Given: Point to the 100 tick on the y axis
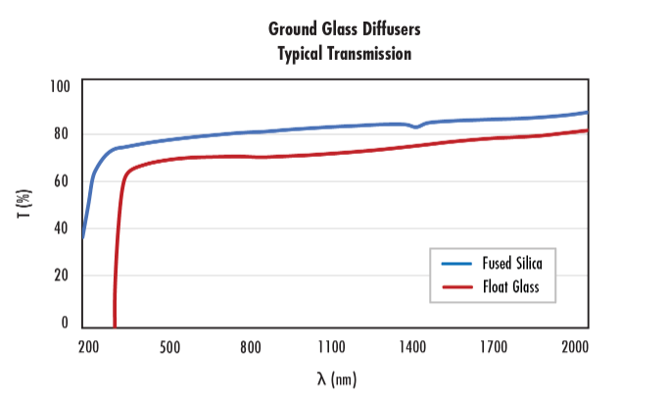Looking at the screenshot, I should pos(61,87).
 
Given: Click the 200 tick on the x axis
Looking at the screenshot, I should pos(88,346).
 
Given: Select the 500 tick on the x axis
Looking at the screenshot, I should pos(169,346).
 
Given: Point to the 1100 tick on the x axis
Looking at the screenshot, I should pos(331,346).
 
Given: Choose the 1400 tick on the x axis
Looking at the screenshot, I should pos(412,346).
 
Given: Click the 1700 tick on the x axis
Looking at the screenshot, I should pos(494,346).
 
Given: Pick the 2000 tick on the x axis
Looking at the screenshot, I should pos(574,346).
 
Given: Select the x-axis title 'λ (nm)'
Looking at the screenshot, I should pos(337,379).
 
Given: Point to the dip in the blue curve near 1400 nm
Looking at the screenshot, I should pos(416,127).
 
